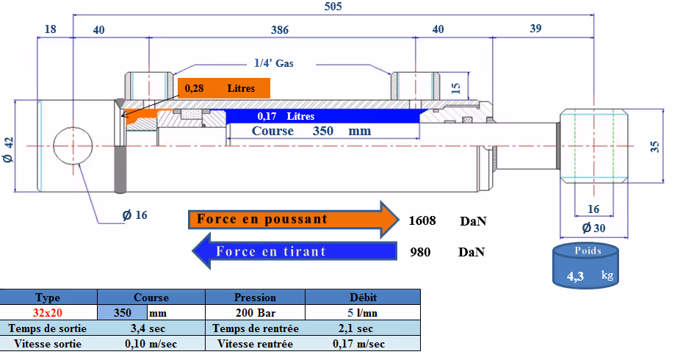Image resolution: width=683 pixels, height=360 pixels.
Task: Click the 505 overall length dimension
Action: pyautogui.click(x=333, y=6)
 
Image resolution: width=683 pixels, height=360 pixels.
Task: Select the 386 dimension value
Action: pyautogui.click(x=280, y=29)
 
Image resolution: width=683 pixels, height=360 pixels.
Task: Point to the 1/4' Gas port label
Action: pyautogui.click(x=273, y=63)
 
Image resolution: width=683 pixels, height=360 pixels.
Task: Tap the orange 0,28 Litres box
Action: pyautogui.click(x=224, y=88)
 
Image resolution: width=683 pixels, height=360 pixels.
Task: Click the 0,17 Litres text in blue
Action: pyautogui.click(x=286, y=116)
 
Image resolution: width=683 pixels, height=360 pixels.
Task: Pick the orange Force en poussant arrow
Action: pyautogui.click(x=294, y=219)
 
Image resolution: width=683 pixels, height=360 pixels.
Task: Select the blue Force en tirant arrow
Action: pyautogui.click(x=294, y=251)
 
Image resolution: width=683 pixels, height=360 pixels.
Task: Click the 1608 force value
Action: pyautogui.click(x=422, y=220)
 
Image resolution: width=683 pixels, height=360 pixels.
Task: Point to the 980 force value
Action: pyautogui.click(x=420, y=252)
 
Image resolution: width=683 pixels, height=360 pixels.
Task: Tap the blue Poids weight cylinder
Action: pyautogui.click(x=585, y=265)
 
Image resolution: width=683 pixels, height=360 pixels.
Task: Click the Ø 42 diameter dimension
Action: pyautogui.click(x=9, y=149)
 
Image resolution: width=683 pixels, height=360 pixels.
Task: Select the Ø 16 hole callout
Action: pyautogui.click(x=134, y=215)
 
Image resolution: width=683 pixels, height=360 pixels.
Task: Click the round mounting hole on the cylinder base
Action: pyautogui.click(x=73, y=146)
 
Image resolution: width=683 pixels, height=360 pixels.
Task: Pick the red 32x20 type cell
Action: pyautogui.click(x=48, y=313)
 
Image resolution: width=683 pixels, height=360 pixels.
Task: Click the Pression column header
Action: pyautogui.click(x=255, y=298)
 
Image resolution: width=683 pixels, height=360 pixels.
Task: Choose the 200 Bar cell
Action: pyautogui.click(x=256, y=313)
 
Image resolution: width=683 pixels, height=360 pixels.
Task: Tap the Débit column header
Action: pyautogui.click(x=363, y=298)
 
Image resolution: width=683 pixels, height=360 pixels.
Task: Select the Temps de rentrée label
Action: pyautogui.click(x=256, y=328)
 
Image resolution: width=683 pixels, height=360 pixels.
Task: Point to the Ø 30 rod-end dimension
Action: pyautogui.click(x=593, y=228)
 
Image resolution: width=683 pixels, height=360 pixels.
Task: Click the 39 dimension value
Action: pyautogui.click(x=536, y=29)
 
